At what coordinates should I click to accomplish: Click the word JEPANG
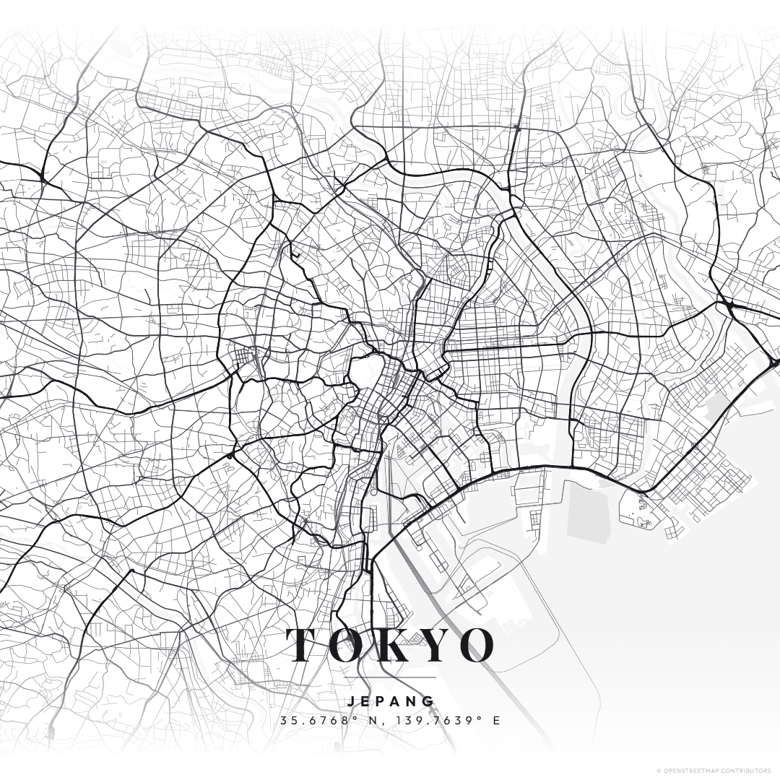[391, 701]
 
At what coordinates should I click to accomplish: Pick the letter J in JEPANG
[350, 701]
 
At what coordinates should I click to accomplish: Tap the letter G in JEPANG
[430, 701]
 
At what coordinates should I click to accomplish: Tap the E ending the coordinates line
[496, 721]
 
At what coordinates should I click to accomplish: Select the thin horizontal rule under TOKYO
[391, 678]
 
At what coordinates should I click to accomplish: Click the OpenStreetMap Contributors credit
[714, 771]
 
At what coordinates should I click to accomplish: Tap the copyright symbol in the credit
[658, 771]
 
